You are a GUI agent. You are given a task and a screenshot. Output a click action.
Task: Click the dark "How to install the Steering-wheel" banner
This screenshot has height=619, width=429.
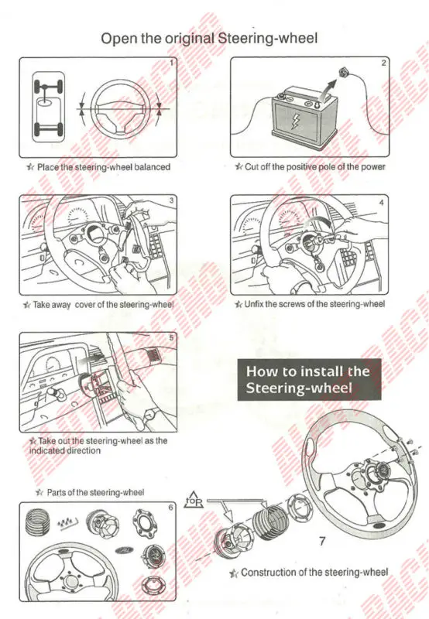[x=309, y=379]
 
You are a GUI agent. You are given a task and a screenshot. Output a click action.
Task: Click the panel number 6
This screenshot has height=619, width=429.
[x=173, y=508]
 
